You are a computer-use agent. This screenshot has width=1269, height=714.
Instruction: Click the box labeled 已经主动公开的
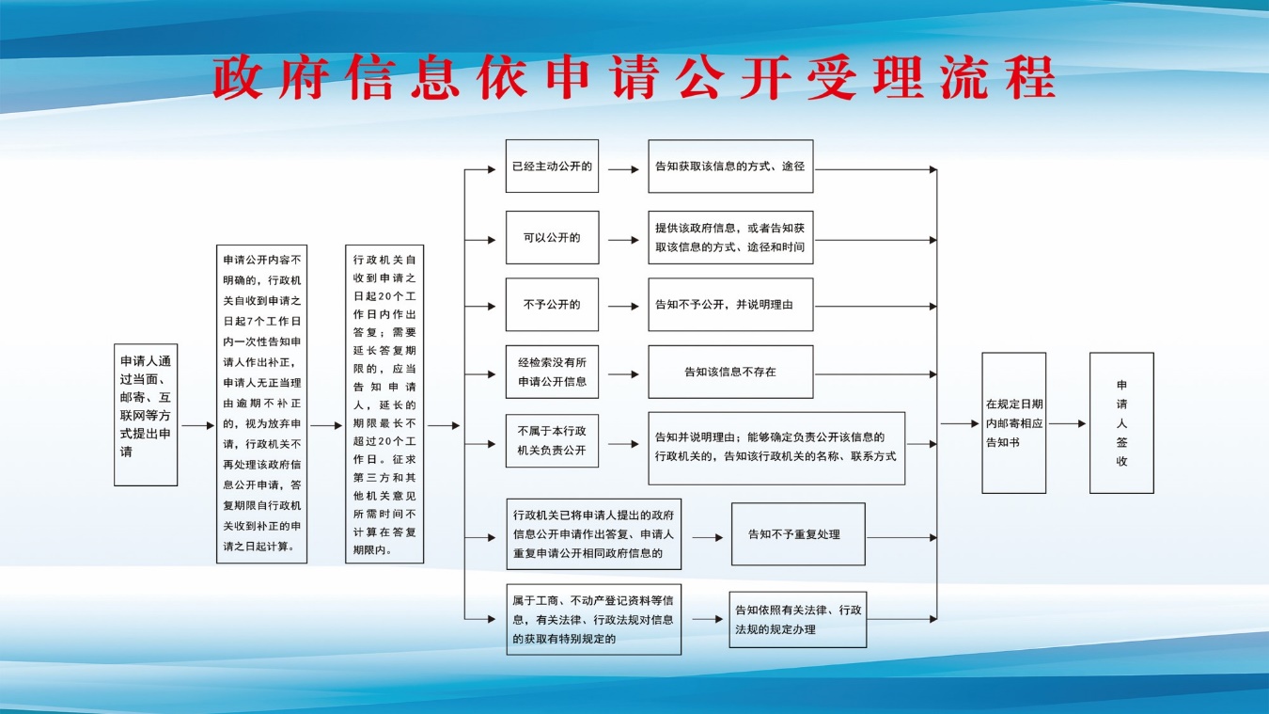552,166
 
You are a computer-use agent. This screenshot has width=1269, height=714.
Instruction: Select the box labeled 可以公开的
552,237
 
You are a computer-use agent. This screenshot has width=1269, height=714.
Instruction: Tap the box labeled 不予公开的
552,305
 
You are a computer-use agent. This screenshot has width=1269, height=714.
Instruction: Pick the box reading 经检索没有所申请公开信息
552,372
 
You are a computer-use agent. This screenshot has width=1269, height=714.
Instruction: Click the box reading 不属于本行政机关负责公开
552,440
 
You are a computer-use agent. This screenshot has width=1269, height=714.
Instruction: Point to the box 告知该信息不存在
730,372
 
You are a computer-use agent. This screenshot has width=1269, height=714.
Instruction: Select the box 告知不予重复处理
798,534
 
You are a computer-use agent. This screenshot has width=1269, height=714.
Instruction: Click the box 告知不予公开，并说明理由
730,305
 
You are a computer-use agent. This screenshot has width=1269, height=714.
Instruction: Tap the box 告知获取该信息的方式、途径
730,167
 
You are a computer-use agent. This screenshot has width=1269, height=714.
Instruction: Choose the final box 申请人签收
1121,423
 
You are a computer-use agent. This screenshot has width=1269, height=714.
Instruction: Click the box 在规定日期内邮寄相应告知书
1013,423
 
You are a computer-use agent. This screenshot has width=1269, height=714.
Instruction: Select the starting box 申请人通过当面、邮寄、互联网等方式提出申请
146,415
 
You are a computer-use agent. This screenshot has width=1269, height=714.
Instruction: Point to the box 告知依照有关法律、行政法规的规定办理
798,620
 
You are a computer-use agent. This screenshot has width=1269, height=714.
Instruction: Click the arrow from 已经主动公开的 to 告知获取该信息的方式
623,169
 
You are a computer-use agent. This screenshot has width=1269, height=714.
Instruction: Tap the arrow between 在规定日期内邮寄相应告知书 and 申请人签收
1067,423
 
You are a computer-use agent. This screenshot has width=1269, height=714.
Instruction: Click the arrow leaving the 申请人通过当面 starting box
197,425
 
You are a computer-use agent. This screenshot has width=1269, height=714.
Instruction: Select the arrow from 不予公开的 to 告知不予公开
623,307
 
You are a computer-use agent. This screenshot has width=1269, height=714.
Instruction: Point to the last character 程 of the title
1030,78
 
